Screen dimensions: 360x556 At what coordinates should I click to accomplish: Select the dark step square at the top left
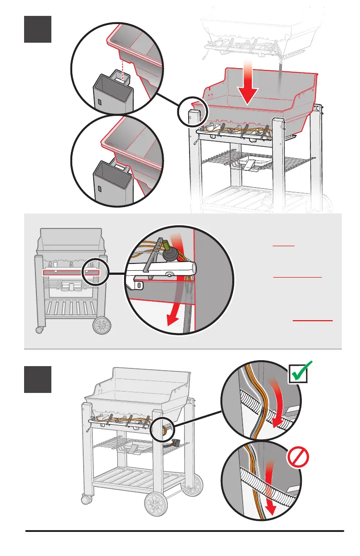38,30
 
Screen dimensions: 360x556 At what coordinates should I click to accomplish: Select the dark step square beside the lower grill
38,379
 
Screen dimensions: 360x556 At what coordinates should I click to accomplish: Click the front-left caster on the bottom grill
84,500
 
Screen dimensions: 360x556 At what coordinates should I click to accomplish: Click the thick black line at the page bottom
185,531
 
